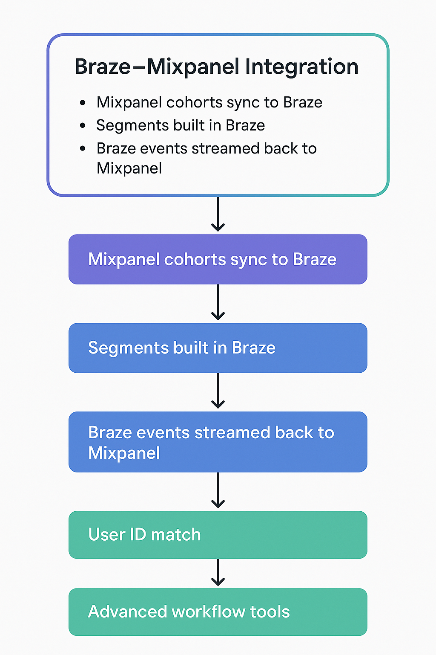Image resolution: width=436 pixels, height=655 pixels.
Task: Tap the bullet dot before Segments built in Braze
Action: click(x=83, y=126)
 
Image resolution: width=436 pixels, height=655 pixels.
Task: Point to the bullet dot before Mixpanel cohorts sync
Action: click(x=83, y=103)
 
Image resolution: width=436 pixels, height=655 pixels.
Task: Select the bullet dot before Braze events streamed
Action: click(x=83, y=149)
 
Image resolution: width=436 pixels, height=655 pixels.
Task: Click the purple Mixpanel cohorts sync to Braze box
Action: click(x=218, y=259)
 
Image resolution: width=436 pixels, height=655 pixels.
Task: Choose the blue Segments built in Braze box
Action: click(x=218, y=348)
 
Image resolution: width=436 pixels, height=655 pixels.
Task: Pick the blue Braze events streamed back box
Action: click(x=218, y=442)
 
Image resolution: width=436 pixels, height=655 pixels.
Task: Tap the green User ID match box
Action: click(x=218, y=535)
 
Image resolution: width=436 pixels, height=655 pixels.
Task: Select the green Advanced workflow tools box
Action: click(x=218, y=612)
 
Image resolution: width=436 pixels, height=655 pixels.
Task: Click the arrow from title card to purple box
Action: click(x=218, y=214)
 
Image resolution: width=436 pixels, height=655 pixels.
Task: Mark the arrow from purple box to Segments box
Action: click(x=218, y=303)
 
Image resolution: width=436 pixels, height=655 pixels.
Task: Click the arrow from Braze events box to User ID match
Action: click(x=218, y=491)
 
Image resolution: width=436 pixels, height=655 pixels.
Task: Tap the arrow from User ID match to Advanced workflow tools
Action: click(x=218, y=573)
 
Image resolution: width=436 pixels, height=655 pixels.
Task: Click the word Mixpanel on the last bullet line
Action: click(x=129, y=168)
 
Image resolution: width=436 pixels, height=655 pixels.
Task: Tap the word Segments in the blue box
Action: click(x=128, y=348)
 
